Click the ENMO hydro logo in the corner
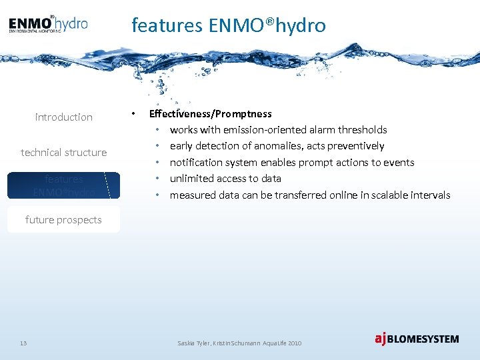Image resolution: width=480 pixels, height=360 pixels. click(48, 25)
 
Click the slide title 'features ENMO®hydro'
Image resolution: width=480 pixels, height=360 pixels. click(229, 25)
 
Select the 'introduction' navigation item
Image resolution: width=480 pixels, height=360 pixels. click(64, 117)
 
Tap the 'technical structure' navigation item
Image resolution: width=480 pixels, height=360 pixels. click(64, 153)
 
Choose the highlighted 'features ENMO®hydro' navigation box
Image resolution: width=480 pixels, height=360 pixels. click(64, 185)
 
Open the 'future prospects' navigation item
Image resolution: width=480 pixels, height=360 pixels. click(64, 220)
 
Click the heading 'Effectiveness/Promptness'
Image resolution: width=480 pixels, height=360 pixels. click(210, 114)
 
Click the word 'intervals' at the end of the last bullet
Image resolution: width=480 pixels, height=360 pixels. click(430, 195)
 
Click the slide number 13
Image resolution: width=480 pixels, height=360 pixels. click(23, 343)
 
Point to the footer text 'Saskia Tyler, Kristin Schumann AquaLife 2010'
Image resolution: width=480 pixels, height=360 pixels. click(239, 343)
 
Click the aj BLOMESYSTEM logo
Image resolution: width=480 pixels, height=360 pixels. click(417, 339)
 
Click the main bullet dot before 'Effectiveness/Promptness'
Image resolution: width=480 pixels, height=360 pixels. click(135, 114)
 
